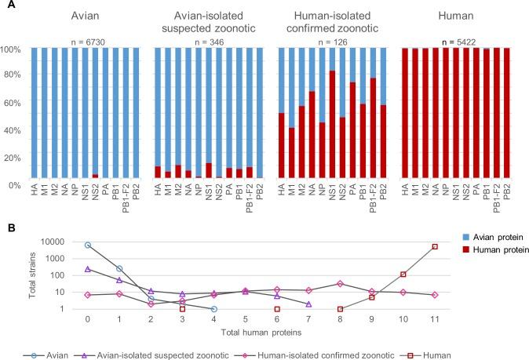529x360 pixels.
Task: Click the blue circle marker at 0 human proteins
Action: pyautogui.click(x=88, y=245)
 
